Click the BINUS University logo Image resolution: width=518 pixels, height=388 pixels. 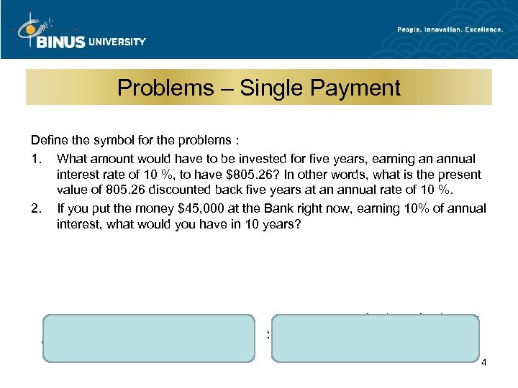[79, 30]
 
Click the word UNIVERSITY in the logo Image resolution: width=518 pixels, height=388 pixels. [117, 42]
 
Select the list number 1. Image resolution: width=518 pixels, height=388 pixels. [35, 158]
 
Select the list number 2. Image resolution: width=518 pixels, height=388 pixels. [35, 208]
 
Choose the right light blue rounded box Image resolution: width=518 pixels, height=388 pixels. [376, 337]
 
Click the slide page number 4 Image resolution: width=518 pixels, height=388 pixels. [484, 362]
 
